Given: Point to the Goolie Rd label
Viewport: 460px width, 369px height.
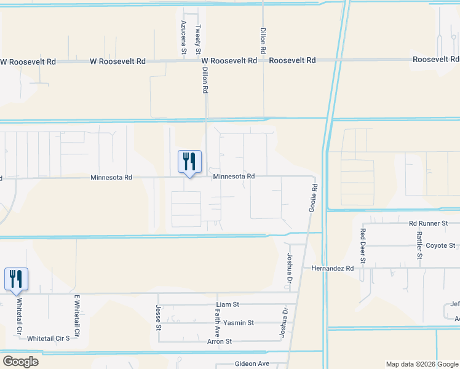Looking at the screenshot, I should click(x=314, y=198).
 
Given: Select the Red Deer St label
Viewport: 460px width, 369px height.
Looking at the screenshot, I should click(x=363, y=246).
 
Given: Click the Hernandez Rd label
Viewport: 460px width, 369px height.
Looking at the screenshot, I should click(x=333, y=268).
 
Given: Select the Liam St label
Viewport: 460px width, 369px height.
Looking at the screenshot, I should click(x=227, y=304).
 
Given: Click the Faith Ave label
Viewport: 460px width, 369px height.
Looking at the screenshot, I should click(x=217, y=322).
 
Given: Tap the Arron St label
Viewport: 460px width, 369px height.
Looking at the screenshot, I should click(x=219, y=341).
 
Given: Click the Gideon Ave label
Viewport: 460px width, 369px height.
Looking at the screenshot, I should click(x=252, y=364).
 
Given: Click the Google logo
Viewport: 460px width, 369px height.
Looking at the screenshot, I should click(x=20, y=362).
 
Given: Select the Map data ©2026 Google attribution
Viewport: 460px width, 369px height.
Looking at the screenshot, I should click(x=422, y=364).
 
